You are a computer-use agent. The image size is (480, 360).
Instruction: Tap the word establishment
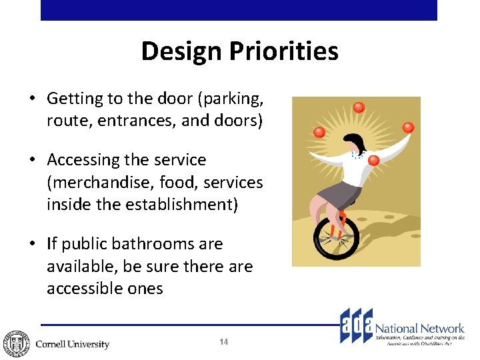(x=178, y=204)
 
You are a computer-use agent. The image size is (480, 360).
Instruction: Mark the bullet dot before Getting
(x=32, y=99)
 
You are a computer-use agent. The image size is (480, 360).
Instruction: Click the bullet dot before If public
(x=32, y=244)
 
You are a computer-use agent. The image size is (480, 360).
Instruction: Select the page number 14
(x=223, y=342)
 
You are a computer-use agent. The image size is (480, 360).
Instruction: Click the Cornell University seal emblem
(x=16, y=343)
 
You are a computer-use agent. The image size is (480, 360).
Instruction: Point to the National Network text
(x=420, y=328)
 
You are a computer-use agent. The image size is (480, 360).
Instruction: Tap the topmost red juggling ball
(x=359, y=107)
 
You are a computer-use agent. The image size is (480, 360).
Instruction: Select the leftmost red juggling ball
(x=319, y=133)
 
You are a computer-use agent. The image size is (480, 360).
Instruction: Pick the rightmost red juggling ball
(x=408, y=128)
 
